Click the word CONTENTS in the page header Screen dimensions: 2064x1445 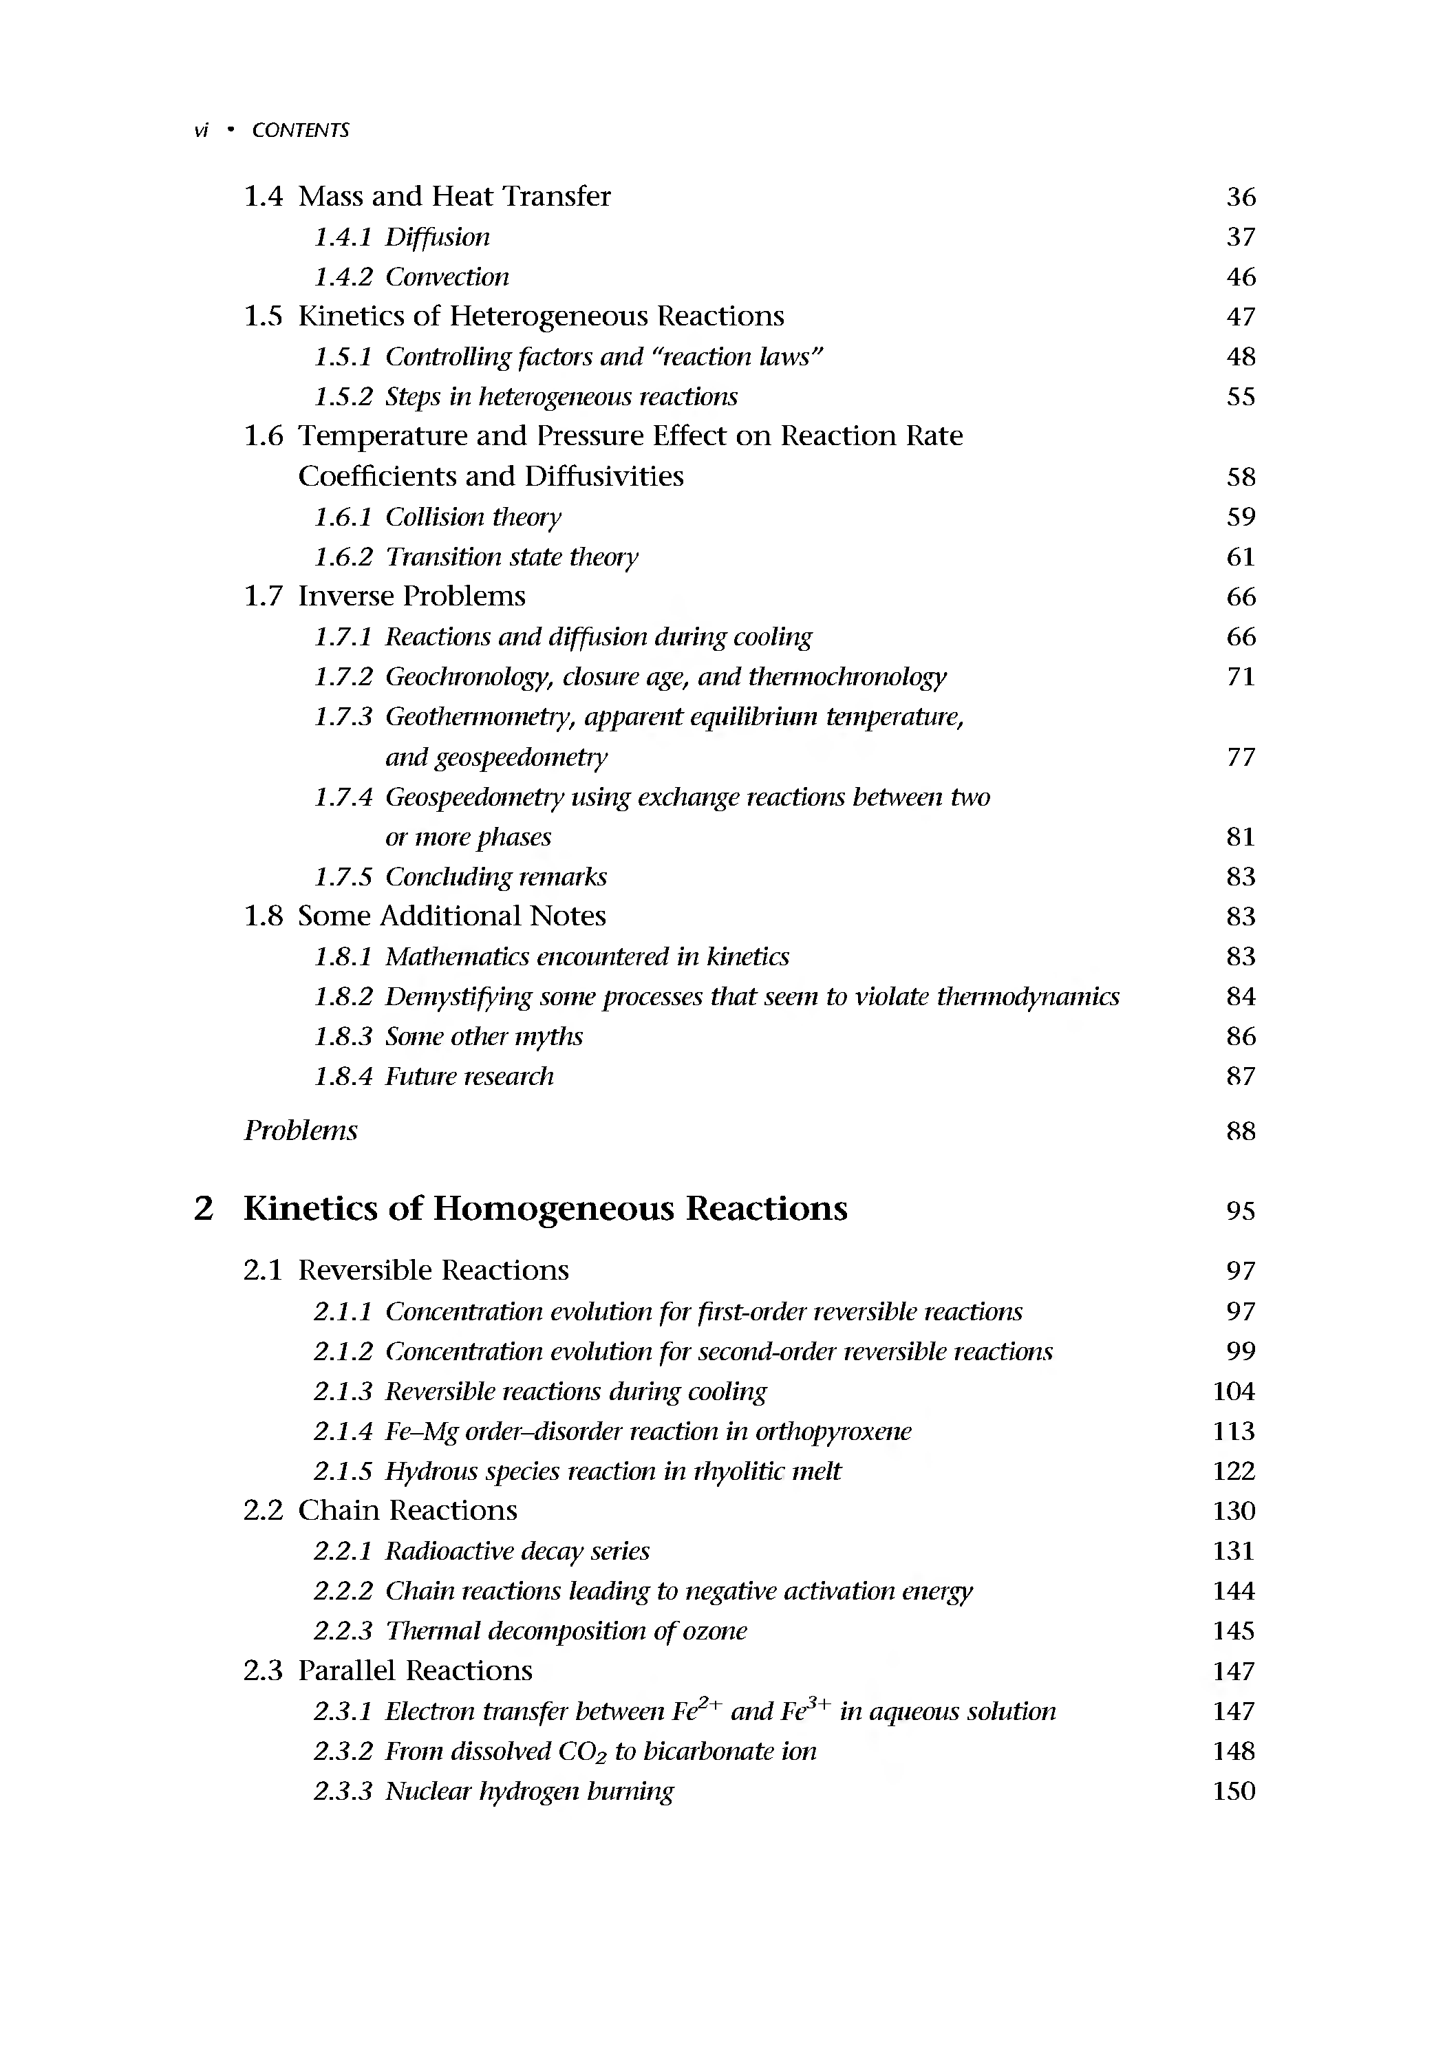click(x=300, y=130)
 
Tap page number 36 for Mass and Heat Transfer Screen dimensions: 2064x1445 click(x=1240, y=197)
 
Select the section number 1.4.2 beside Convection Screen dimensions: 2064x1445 click(x=343, y=277)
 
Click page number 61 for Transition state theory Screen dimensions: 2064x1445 click(x=1240, y=557)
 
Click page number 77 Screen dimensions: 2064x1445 click(x=1240, y=757)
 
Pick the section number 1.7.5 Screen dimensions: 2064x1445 click(x=343, y=877)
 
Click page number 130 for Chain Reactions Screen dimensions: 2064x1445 click(x=1234, y=1511)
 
